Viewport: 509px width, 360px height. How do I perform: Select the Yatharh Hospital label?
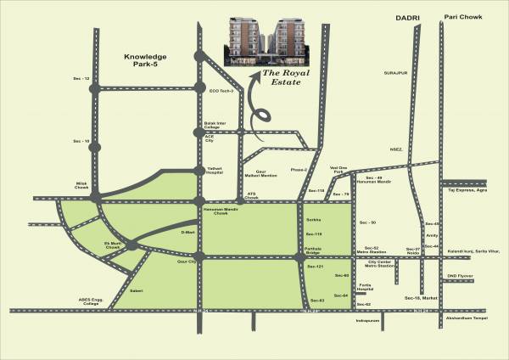click(x=219, y=168)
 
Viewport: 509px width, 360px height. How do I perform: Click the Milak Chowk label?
click(x=78, y=183)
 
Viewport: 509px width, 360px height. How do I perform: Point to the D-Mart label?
click(x=188, y=229)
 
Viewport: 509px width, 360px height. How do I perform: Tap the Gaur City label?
click(x=186, y=263)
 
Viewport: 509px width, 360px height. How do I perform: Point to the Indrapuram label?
click(x=367, y=322)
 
